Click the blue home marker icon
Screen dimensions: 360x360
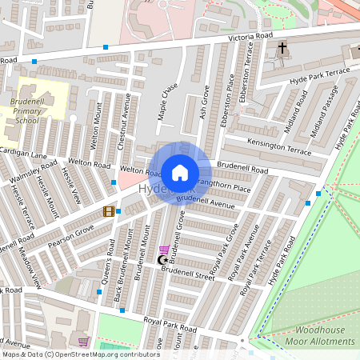click(180, 172)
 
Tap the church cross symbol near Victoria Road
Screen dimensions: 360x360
click(282, 49)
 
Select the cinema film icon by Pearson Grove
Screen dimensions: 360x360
click(107, 211)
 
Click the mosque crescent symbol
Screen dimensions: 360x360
click(163, 260)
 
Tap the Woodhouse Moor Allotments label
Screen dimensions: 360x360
click(323, 335)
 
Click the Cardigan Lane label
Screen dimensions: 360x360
click(24, 153)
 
